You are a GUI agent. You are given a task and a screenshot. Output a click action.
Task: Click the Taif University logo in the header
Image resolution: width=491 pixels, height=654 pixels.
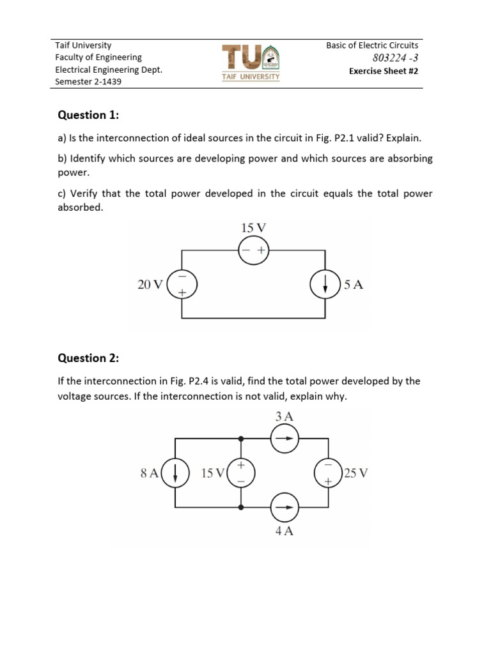(251, 62)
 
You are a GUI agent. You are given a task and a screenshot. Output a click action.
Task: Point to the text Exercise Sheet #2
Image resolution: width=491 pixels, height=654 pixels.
(383, 71)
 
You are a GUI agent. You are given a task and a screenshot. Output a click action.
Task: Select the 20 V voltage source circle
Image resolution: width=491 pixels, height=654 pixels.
(182, 285)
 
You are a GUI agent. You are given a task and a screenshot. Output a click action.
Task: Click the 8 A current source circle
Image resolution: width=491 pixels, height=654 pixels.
(175, 473)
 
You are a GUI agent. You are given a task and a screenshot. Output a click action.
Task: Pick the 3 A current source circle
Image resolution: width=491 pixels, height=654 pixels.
(284, 439)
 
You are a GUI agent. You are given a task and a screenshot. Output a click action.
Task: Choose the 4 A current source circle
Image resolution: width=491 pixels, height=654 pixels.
(284, 508)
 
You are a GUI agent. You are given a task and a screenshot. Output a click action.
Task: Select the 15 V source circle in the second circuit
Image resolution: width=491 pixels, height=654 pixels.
(241, 473)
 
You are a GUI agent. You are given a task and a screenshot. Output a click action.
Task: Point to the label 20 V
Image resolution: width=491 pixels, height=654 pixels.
(150, 285)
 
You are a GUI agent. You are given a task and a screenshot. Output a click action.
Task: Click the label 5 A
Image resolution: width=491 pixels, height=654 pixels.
(354, 285)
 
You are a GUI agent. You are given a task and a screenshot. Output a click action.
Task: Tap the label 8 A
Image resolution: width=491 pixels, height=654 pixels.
(149, 473)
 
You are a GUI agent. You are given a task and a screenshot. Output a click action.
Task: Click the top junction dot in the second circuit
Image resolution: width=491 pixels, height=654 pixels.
(241, 439)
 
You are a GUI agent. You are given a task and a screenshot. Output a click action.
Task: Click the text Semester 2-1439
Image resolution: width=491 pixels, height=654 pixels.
(88, 82)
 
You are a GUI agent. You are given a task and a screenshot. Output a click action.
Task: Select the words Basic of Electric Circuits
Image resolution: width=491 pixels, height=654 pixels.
(372, 45)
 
